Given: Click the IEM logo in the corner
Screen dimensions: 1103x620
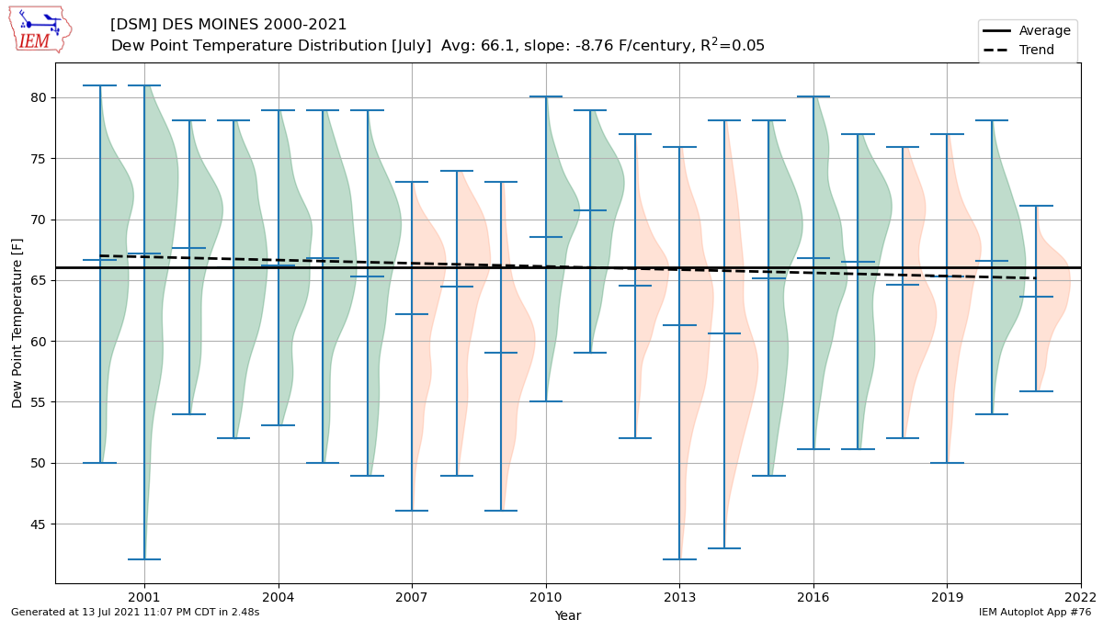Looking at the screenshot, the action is (x=40, y=30).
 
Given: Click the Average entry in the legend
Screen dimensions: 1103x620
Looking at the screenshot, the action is (x=1026, y=30).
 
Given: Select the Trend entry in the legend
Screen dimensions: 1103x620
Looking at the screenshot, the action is (x=1018, y=50).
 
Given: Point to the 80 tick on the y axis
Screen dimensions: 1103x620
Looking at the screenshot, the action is (x=38, y=97).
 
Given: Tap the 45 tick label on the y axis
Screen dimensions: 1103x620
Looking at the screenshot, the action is (x=38, y=524).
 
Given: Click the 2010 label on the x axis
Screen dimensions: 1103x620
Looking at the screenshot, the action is (x=546, y=597).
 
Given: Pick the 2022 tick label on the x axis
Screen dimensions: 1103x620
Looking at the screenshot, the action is (x=1080, y=597).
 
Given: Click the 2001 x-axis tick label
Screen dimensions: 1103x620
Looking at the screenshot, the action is (x=144, y=597).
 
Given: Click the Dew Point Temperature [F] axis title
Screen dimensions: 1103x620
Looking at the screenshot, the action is (x=17, y=323).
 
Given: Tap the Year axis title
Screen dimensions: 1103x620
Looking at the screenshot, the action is (x=568, y=614).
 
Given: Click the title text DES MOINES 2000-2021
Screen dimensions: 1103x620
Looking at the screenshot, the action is (x=254, y=24).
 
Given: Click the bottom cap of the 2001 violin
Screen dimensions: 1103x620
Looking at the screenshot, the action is (x=144, y=559).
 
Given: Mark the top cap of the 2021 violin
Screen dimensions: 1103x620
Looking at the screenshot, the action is (x=1036, y=206).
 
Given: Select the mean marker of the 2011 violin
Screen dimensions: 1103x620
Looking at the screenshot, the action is (x=590, y=210).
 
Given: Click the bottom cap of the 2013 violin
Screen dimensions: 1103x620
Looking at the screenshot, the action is (x=679, y=559).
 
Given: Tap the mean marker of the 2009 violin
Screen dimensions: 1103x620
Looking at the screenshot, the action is (x=501, y=353).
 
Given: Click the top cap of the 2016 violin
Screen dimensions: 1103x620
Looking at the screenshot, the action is (x=813, y=96).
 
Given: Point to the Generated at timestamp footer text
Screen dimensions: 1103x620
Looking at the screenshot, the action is (x=135, y=612).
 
